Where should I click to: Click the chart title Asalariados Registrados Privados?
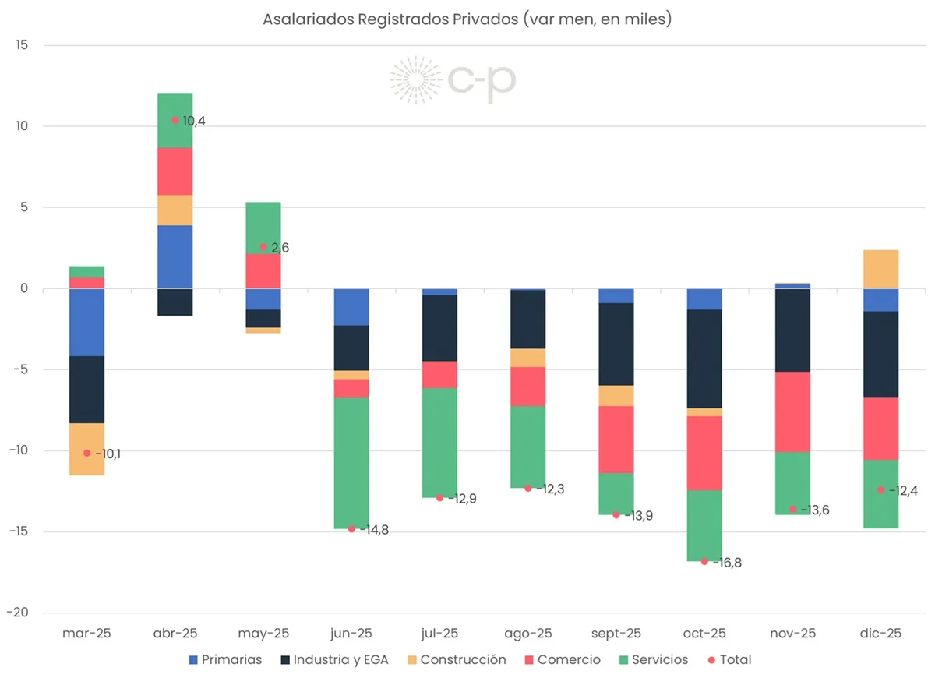[467, 19]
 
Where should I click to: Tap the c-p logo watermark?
[453, 79]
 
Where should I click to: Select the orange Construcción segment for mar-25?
[86, 449]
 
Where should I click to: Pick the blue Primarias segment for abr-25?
[175, 257]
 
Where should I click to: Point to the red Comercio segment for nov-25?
[792, 411]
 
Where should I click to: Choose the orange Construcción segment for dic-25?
[880, 269]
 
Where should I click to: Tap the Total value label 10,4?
[194, 121]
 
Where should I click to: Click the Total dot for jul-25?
[439, 497]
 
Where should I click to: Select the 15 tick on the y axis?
[22, 45]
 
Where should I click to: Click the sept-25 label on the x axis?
[616, 634]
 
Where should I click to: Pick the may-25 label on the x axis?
[263, 634]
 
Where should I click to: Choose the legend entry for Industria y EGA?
[343, 659]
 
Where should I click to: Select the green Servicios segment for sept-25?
[616, 493]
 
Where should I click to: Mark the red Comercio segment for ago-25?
[527, 386]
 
